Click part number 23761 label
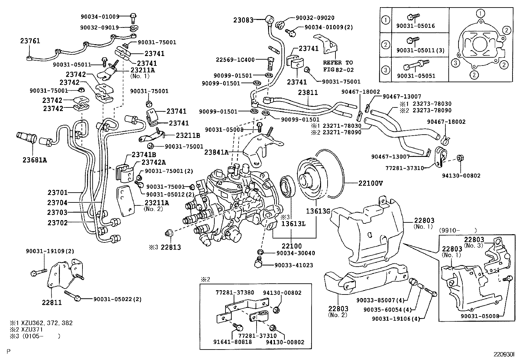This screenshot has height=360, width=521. pos(30,41)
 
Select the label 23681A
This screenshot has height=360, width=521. pos(35,160)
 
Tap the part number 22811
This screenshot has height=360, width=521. pos(52,302)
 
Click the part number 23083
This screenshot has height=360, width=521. pos(243,20)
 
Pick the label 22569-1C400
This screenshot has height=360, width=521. pos(235,60)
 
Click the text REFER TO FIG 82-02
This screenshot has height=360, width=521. pos(338,66)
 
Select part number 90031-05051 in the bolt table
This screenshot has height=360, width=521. pos(416,76)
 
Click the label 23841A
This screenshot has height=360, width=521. pos(216,152)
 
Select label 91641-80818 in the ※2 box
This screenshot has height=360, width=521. pos(233,342)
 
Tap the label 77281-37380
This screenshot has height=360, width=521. pos(235,293)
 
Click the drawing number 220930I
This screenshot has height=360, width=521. pos(504,354)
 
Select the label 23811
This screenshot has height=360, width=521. pos(308,93)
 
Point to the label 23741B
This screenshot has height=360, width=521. pos(144,154)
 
